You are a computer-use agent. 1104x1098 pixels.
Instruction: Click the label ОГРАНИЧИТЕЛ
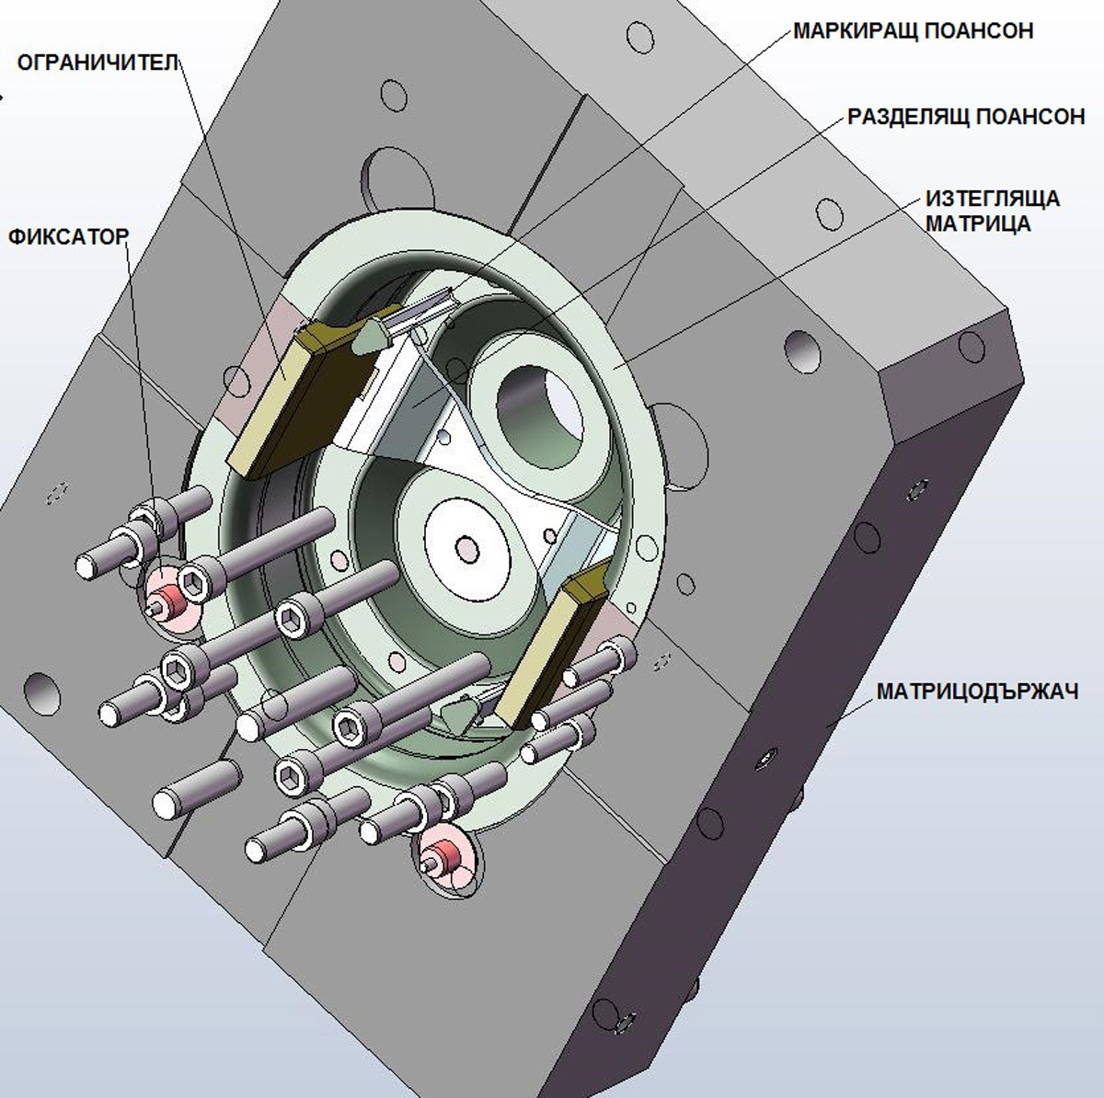tap(98, 63)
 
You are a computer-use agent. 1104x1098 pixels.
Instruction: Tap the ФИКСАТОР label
tap(68, 237)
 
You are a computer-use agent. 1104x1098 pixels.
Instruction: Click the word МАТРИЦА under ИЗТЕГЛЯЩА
tap(978, 223)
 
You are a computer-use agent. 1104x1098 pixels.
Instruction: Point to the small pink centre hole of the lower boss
tap(467, 549)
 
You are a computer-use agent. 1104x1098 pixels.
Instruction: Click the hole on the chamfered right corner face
tap(971, 348)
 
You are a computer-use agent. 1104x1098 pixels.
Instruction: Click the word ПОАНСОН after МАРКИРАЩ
tap(979, 31)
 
